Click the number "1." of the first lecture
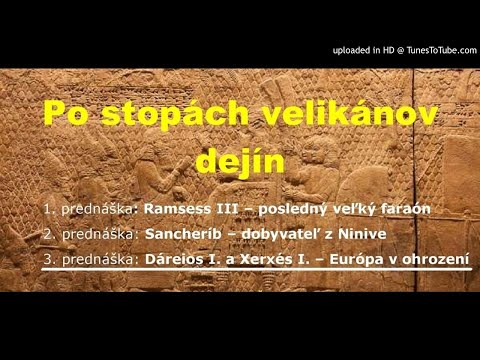click(47, 209)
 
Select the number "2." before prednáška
click(47, 234)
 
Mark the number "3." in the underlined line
click(47, 259)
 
